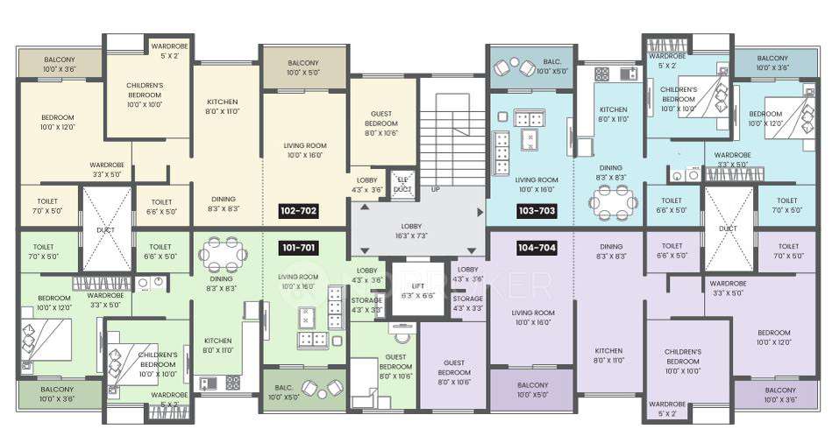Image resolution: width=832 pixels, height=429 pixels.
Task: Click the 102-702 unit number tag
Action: click(x=299, y=211)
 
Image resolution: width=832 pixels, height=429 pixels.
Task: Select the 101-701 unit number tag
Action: click(x=299, y=249)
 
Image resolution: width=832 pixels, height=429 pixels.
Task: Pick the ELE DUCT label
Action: click(x=402, y=184)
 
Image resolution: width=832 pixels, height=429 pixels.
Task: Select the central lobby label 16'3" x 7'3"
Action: click(x=416, y=230)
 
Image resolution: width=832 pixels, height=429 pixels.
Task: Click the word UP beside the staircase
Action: click(x=435, y=188)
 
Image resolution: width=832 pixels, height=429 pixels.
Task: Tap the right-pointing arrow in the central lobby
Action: click(x=479, y=212)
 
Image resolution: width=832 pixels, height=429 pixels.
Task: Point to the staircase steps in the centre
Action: click(x=452, y=131)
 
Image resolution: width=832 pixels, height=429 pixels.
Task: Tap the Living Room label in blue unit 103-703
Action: click(x=537, y=184)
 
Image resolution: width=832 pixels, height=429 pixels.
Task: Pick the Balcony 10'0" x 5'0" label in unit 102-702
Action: click(x=303, y=68)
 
